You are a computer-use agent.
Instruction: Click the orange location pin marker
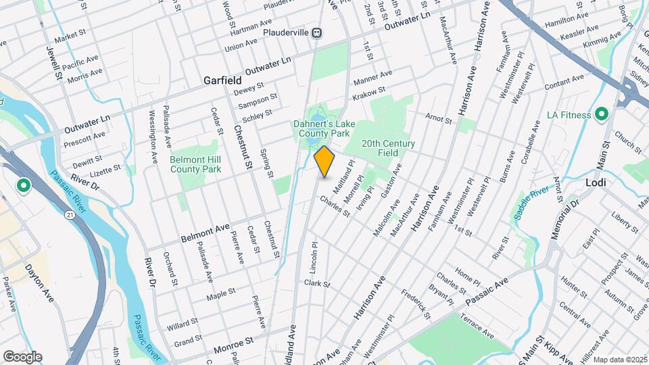[x=324, y=162]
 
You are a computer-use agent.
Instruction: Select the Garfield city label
[x=223, y=80]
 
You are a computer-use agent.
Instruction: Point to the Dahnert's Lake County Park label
[x=321, y=128]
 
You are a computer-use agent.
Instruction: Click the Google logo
[x=22, y=356]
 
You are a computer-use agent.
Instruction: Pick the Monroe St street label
[x=233, y=349]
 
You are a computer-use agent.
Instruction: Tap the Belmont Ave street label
[x=206, y=234]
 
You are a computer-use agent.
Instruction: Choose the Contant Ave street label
[x=564, y=82]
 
